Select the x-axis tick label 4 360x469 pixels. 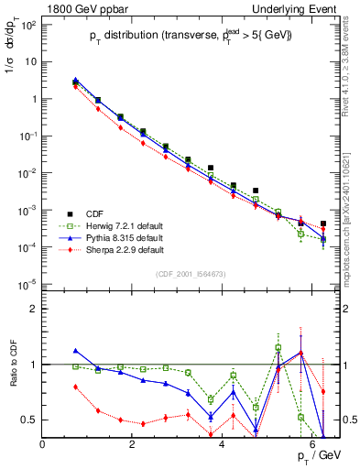tap(223, 444)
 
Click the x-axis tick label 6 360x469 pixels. tap(312, 444)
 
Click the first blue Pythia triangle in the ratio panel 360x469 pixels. tap(75, 350)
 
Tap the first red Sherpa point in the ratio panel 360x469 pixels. tap(75, 387)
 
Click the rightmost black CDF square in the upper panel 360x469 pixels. tap(323, 224)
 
